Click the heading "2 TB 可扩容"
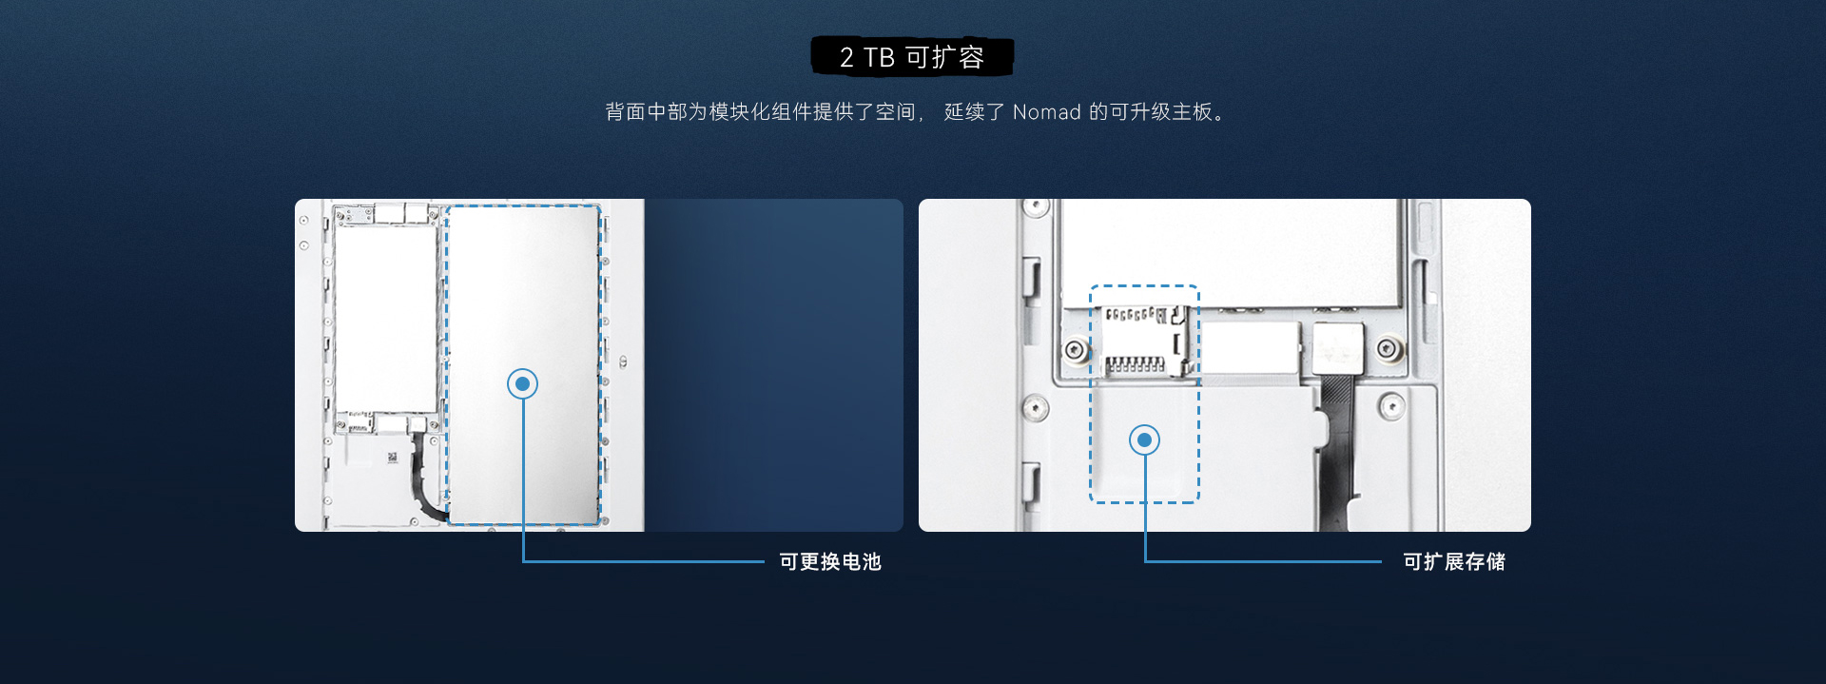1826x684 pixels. [911, 57]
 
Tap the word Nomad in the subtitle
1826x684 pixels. [1046, 112]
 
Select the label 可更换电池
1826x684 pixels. [830, 562]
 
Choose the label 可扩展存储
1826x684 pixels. [1454, 562]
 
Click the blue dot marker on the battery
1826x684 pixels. [522, 384]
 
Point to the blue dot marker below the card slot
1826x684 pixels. [1144, 440]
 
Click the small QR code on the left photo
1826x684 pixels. [392, 458]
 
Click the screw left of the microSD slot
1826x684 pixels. [1076, 350]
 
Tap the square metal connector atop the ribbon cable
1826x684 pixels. [1337, 347]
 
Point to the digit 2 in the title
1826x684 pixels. [846, 58]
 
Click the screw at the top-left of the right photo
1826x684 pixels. [1035, 207]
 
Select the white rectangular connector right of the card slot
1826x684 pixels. [1251, 348]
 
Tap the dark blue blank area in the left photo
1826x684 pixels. [774, 365]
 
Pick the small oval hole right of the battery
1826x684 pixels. [623, 362]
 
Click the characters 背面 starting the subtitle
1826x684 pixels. [626, 112]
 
